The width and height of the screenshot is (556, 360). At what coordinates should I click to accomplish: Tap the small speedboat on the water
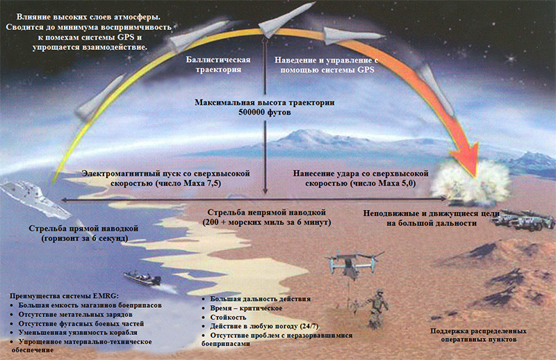(142, 278)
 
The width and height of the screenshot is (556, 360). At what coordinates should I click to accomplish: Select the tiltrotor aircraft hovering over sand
(354, 263)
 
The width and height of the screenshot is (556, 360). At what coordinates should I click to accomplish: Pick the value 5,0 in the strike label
(408, 183)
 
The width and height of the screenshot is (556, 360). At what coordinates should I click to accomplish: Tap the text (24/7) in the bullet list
(309, 327)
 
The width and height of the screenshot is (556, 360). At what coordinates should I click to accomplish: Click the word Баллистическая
(218, 60)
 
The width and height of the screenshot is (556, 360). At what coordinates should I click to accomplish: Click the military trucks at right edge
(524, 219)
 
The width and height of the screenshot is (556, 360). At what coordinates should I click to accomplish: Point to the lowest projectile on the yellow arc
(99, 97)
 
